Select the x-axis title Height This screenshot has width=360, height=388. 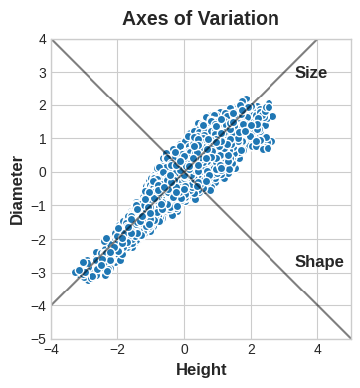(x=201, y=370)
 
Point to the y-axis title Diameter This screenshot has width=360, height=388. (x=17, y=189)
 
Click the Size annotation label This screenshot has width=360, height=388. (x=310, y=73)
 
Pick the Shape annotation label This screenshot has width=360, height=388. (x=319, y=262)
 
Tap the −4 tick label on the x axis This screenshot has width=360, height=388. (x=50, y=350)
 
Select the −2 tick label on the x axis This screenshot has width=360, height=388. (x=116, y=350)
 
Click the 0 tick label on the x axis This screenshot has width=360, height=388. (x=185, y=350)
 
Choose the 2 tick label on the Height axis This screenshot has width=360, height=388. (x=252, y=350)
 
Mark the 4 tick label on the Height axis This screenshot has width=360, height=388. (x=318, y=350)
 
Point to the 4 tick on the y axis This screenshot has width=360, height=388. (x=42, y=39)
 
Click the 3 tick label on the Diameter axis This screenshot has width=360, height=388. (x=42, y=73)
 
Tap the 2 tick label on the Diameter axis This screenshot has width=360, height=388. (x=42, y=105)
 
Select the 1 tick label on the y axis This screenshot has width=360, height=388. (x=42, y=139)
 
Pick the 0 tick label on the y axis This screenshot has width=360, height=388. (x=42, y=172)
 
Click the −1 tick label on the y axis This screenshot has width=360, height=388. (x=39, y=206)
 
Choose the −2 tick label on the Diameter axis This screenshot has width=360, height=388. (x=39, y=240)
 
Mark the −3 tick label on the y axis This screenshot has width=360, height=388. (x=39, y=273)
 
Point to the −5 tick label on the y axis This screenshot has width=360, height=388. (x=39, y=339)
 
